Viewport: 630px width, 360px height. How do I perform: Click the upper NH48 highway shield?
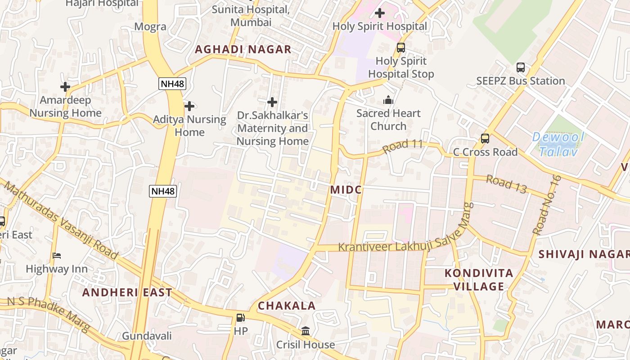click(x=172, y=84)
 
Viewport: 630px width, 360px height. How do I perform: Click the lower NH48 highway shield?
click(x=162, y=191)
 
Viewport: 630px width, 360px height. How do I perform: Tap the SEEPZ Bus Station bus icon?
click(x=521, y=67)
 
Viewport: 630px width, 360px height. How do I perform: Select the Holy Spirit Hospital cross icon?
click(x=380, y=13)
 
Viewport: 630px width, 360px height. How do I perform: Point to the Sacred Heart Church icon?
click(x=388, y=100)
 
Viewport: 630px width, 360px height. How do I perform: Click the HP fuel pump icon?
click(x=241, y=318)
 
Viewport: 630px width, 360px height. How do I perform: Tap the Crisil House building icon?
click(x=306, y=331)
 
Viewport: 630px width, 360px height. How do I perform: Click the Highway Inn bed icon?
click(x=57, y=256)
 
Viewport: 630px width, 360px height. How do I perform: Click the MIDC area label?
click(x=346, y=190)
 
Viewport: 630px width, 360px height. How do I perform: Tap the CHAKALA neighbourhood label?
click(x=287, y=306)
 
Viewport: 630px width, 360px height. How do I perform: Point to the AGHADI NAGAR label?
click(x=243, y=49)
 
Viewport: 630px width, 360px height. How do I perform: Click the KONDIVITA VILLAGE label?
click(x=479, y=280)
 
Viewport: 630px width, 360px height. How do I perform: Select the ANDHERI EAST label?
click(x=127, y=292)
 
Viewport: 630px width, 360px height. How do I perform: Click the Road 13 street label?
click(x=506, y=184)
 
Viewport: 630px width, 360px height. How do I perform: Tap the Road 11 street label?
click(x=403, y=146)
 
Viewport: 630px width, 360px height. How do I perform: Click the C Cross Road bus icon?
click(x=485, y=139)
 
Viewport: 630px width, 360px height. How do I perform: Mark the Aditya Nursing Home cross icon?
click(x=189, y=106)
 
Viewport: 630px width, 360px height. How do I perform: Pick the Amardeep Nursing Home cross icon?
click(x=65, y=86)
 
